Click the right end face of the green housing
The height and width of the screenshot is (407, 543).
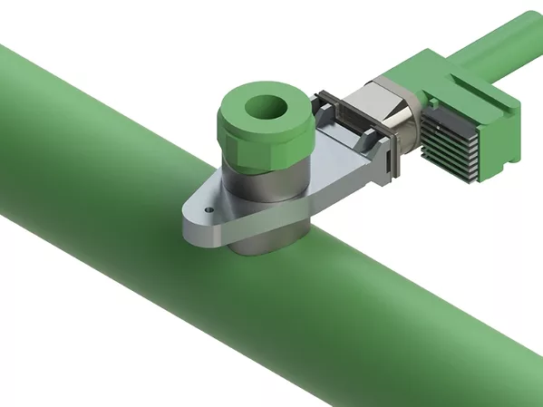coord(508,136)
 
